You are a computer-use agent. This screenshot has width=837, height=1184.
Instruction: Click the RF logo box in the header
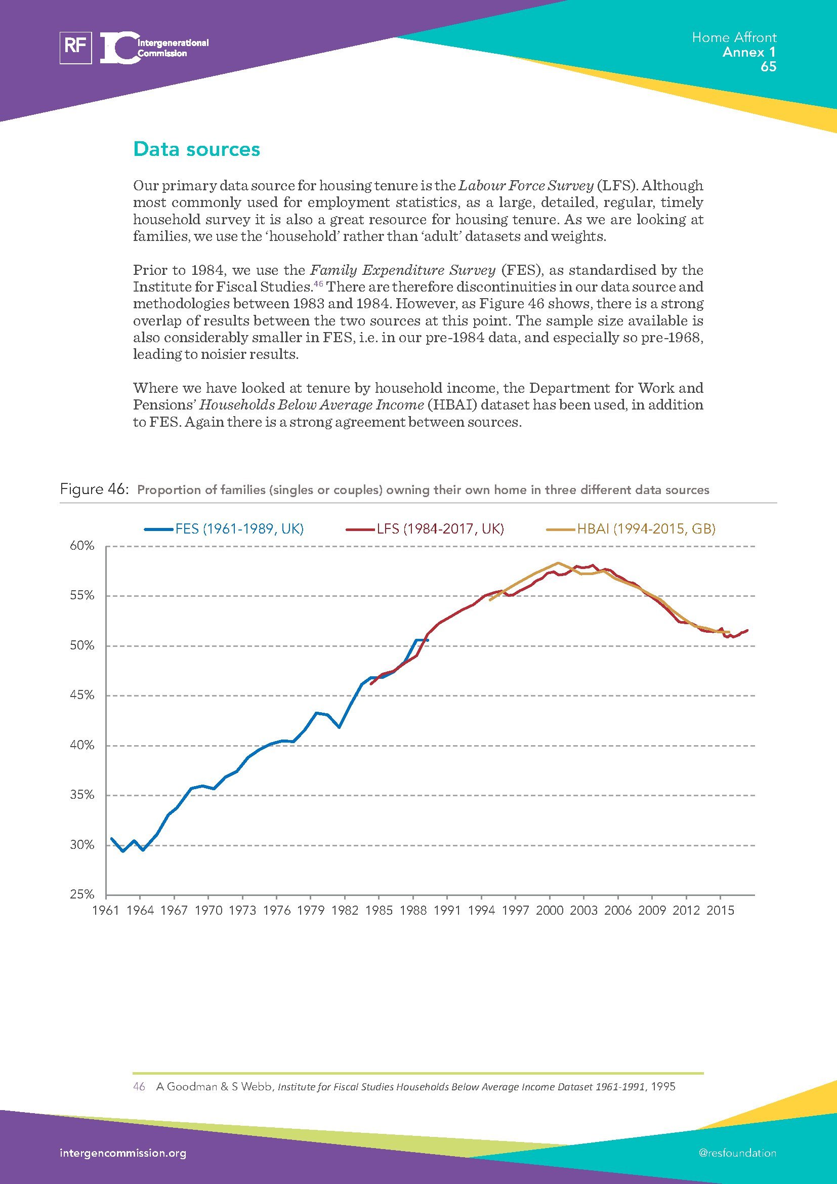pyautogui.click(x=76, y=48)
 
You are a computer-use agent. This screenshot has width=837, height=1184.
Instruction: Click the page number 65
pyautogui.click(x=768, y=67)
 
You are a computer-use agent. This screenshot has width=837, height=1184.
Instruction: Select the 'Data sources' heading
pyautogui.click(x=196, y=149)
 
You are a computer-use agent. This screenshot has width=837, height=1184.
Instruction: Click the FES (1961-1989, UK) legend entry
pyautogui.click(x=239, y=529)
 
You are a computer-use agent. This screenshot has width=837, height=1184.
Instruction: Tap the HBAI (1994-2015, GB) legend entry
pyautogui.click(x=646, y=529)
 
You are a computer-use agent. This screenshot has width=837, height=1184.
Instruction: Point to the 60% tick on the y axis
pyautogui.click(x=82, y=546)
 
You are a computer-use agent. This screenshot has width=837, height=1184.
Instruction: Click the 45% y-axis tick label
pyautogui.click(x=82, y=696)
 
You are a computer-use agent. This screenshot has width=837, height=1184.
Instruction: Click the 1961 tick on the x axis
pyautogui.click(x=106, y=910)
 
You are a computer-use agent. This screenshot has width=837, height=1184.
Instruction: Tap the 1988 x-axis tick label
pyautogui.click(x=413, y=910)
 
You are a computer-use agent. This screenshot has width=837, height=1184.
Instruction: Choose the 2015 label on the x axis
pyautogui.click(x=720, y=910)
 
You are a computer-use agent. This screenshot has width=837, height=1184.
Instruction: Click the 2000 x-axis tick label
pyautogui.click(x=550, y=910)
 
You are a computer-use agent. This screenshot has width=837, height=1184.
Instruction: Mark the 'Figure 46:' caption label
pyautogui.click(x=93, y=489)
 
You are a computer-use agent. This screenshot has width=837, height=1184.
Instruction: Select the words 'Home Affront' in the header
pyautogui.click(x=734, y=37)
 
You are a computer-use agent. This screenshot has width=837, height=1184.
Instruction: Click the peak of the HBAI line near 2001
pyautogui.click(x=558, y=562)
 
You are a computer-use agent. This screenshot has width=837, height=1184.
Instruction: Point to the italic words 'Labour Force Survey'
pyautogui.click(x=526, y=186)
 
